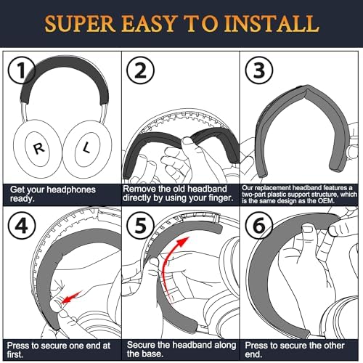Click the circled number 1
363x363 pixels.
(x=22, y=70)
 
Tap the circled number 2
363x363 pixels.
(x=140, y=70)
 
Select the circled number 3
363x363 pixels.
(x=259, y=70)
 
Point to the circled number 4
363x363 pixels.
(x=22, y=226)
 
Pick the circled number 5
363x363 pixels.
(x=140, y=226)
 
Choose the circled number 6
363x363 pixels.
(x=259, y=226)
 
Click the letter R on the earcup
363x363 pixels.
(x=38, y=148)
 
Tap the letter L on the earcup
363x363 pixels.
(x=86, y=147)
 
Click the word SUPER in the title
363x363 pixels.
(x=80, y=23)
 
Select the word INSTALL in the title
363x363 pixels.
(x=272, y=23)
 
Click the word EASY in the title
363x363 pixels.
(x=148, y=23)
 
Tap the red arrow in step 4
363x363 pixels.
(x=71, y=298)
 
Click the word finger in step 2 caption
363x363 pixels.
(x=219, y=198)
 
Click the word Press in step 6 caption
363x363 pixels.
(x=256, y=346)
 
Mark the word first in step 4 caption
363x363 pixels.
(x=15, y=354)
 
